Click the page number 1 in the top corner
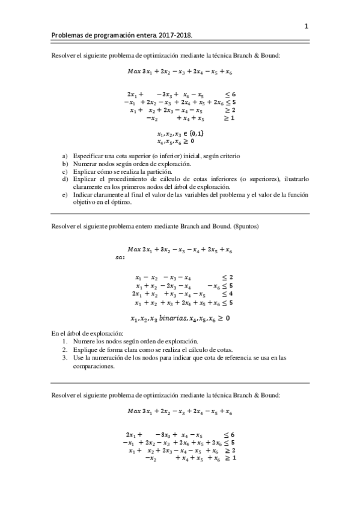[306, 26]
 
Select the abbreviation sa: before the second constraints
[120, 257]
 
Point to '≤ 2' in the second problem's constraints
[227, 278]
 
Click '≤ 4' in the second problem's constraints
[227, 294]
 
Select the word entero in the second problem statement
[142, 226]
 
